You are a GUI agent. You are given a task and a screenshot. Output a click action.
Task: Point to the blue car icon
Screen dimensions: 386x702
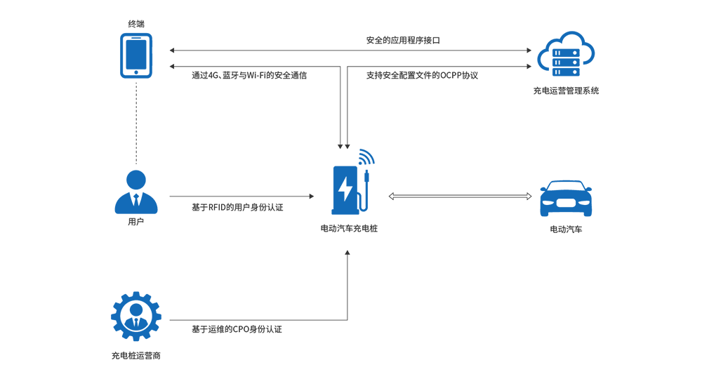[566, 199]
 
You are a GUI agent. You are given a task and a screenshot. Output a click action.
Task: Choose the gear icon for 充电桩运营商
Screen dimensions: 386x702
[136, 317]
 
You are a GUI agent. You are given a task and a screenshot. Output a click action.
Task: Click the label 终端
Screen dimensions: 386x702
[136, 24]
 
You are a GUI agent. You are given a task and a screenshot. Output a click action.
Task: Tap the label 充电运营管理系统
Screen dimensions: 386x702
[566, 91]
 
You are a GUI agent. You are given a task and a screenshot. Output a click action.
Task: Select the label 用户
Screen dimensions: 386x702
[136, 222]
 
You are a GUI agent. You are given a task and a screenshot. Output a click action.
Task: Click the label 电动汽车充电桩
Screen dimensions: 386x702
[349, 228]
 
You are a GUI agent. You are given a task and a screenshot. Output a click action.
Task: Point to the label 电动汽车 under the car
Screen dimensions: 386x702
[566, 229]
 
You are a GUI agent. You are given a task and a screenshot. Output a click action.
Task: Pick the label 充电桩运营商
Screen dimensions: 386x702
[136, 356]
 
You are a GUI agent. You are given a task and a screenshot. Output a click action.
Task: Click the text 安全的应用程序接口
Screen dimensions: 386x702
[403, 41]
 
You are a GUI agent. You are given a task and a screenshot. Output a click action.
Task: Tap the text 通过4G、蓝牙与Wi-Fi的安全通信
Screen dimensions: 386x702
[249, 75]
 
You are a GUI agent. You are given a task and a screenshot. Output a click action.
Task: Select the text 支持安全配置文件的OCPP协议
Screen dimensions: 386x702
[422, 75]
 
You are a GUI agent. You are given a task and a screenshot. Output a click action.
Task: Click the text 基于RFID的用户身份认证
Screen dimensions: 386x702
[237, 207]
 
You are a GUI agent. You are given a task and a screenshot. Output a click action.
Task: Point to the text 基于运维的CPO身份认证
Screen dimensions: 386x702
[237, 329]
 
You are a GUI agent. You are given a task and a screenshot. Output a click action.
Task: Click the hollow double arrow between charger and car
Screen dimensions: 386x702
[461, 197]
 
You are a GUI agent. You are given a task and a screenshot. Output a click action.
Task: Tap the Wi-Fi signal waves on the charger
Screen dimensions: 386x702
[366, 157]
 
